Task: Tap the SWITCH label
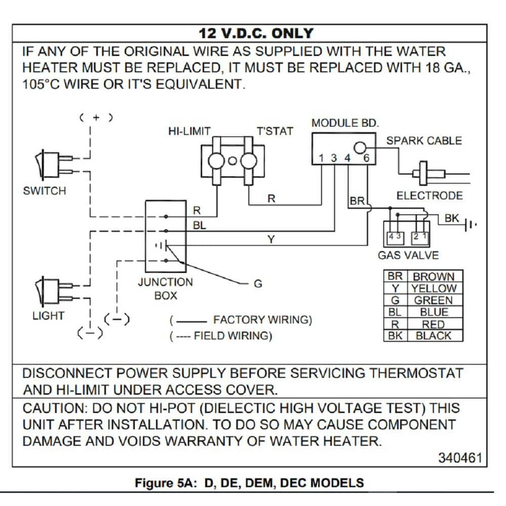click(x=45, y=191)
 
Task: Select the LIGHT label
click(x=48, y=316)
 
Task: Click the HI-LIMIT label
click(x=189, y=131)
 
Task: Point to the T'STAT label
click(x=275, y=131)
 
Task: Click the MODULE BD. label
click(x=345, y=123)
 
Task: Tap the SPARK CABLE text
click(x=424, y=141)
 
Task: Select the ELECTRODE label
click(x=429, y=196)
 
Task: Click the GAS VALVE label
click(x=408, y=256)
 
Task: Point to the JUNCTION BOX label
click(x=165, y=288)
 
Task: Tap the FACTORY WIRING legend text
click(x=262, y=320)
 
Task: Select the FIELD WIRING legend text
click(x=233, y=335)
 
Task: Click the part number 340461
click(x=460, y=457)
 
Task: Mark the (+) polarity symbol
click(x=96, y=117)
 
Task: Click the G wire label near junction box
click(x=258, y=284)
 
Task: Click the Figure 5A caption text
click(x=249, y=482)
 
